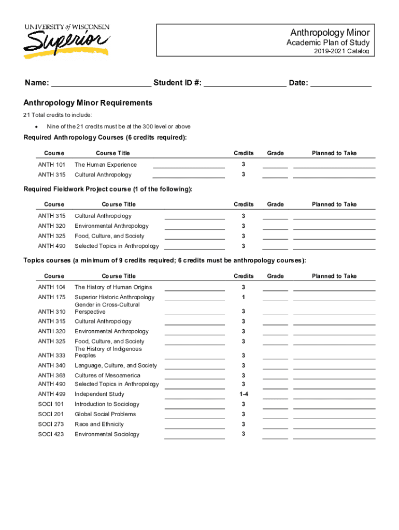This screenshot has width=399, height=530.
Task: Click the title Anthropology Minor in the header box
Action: click(330, 33)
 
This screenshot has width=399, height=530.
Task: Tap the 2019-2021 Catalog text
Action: click(341, 51)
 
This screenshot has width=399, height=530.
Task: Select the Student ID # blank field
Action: click(245, 84)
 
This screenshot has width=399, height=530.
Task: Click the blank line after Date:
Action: click(340, 84)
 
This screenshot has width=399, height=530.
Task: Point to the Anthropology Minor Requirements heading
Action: click(88, 103)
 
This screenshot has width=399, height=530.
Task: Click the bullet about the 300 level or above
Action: click(118, 127)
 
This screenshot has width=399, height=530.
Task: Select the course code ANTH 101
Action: click(52, 165)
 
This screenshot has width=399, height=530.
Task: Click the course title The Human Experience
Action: click(106, 165)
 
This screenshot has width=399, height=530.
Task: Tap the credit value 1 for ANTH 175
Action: click(244, 297)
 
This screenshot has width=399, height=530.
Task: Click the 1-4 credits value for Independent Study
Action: click(244, 394)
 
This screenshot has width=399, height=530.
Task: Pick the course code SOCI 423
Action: click(51, 434)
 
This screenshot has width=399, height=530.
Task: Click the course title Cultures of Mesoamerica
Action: click(108, 375)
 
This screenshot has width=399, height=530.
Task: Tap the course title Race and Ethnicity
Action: click(99, 424)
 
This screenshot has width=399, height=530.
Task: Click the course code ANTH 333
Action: click(52, 356)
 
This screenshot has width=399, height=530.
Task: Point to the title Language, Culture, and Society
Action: click(116, 365)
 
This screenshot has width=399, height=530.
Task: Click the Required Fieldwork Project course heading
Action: click(108, 189)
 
